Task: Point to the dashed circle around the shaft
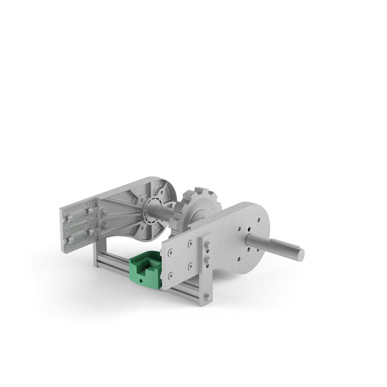click(152, 210)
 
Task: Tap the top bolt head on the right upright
click(207, 245)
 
